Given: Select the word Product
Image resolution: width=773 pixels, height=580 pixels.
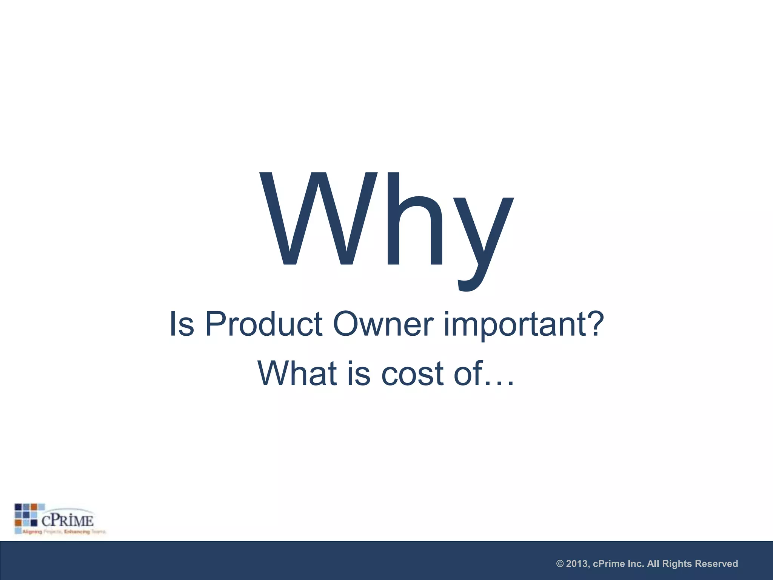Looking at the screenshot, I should tap(263, 324).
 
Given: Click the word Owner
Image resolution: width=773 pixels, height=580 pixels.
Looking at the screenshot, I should tap(383, 324).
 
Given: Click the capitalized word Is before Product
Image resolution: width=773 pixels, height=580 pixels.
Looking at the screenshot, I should tap(182, 324).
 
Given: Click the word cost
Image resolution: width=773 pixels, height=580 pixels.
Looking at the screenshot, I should tap(412, 374).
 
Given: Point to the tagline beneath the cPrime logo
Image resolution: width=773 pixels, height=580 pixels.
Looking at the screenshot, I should tap(63, 532).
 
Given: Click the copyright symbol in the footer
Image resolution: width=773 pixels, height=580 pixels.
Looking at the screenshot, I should tap(560, 564).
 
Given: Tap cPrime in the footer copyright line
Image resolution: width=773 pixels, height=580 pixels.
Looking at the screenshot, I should tap(609, 564).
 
